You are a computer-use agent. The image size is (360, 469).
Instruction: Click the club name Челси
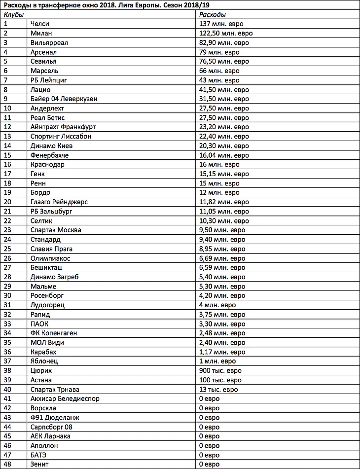pyautogui.click(x=40, y=24)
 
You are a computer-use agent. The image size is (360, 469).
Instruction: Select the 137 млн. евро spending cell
pyautogui.click(x=221, y=24)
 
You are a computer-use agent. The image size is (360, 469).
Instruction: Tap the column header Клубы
pyautogui.click(x=14, y=14)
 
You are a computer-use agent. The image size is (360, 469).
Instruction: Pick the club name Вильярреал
pyautogui.click(x=49, y=42)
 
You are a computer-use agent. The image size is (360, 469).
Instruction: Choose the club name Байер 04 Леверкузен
pyautogui.click(x=64, y=99)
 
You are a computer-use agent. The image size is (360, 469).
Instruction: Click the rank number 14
pyautogui.click(x=7, y=145)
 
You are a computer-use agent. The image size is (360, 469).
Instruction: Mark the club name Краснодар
pyautogui.click(x=47, y=164)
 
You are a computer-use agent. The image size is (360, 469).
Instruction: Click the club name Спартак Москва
pyautogui.click(x=56, y=230)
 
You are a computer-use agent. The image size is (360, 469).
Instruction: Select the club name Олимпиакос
pyautogui.click(x=50, y=258)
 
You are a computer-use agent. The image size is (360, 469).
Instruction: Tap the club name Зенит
pyautogui.click(x=39, y=464)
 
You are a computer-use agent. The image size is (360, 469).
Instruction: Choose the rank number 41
pyautogui.click(x=7, y=398)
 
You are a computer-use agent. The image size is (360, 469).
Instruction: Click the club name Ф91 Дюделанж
pyautogui.click(x=55, y=417)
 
